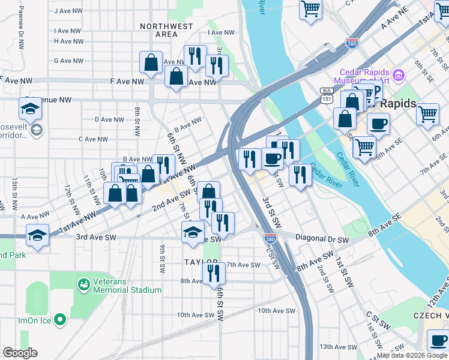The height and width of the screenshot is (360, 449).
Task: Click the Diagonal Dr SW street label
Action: pos(322,239)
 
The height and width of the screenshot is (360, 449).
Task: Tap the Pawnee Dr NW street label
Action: pos(21,20)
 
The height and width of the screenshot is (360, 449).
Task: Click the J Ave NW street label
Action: pos(68,11)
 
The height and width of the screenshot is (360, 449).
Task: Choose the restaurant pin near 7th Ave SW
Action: pos(214,273)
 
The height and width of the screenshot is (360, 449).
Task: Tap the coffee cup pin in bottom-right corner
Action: pos(438,341)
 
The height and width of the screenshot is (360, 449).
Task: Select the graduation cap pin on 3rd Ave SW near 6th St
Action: pos(193,233)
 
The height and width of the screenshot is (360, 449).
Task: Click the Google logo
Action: pos(20,353)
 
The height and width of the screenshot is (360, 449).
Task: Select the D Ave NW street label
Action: pos(110,119)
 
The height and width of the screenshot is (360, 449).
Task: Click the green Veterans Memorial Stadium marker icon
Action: pos(83,283)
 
